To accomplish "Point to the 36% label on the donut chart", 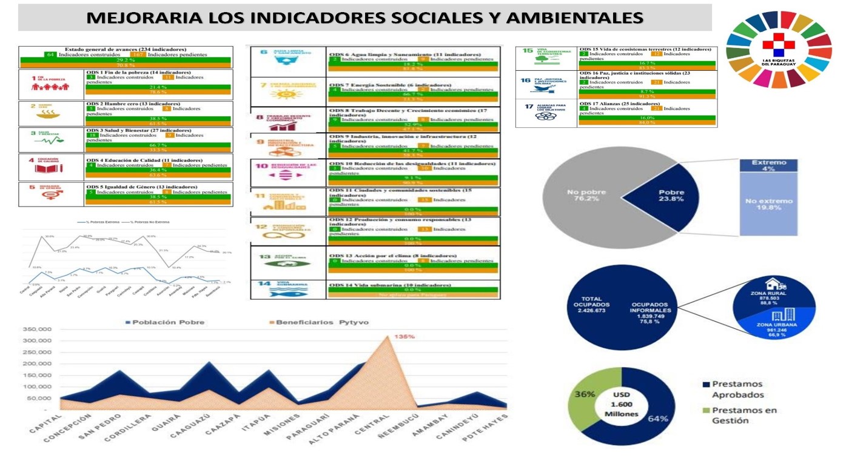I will [x=585, y=394].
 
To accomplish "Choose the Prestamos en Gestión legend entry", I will [x=736, y=415].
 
